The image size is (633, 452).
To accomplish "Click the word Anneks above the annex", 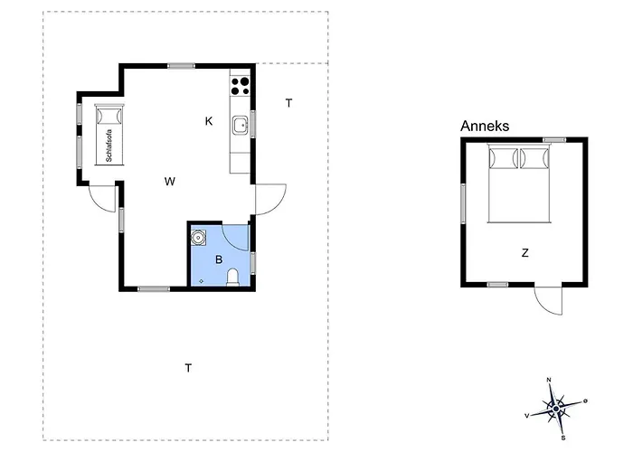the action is coord(485,126).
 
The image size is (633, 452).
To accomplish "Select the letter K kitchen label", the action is coord(209,121).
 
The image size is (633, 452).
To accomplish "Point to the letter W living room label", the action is coord(170,181).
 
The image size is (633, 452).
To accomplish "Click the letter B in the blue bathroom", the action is coord(219,259).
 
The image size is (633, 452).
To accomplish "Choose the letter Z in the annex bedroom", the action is coord(524,253).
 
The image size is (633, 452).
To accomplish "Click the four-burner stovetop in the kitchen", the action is coord(240,87).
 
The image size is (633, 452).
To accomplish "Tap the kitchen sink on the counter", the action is coord(241,125).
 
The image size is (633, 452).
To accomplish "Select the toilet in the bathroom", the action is coord(232,278).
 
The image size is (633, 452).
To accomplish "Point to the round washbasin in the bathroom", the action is coord(198,237).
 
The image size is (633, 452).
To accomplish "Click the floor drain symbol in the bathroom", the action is coord(201,281).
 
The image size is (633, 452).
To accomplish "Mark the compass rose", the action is coord(556,409).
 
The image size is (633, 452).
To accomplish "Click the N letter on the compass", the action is coord(549,380).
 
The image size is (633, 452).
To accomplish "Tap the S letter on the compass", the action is coord(563,438).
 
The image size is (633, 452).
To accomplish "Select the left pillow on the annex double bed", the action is coord(503,158).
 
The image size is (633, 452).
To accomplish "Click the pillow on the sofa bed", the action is coord(109,116).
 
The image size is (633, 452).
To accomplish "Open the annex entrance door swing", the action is coord(548,300).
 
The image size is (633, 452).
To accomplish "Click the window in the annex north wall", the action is coord(554,140).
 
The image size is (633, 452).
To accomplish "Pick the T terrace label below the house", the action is coord(188,368).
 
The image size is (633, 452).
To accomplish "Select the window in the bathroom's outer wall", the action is coord(253,263).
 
